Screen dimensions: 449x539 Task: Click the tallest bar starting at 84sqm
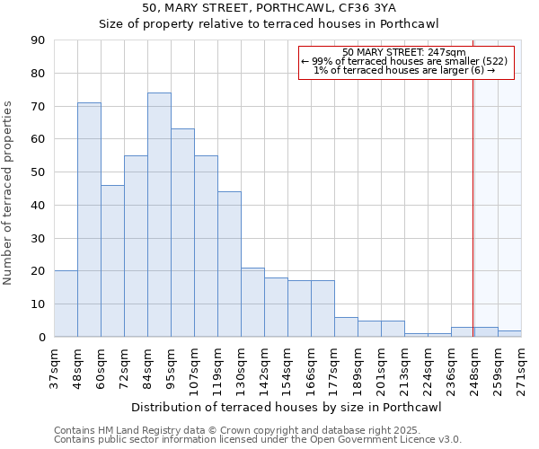(x=159, y=215)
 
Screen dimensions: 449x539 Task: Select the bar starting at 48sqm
(x=89, y=220)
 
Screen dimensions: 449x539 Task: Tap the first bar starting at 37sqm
(x=66, y=304)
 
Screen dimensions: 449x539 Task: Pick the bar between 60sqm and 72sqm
(x=112, y=260)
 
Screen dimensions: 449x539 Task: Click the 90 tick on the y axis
(x=38, y=40)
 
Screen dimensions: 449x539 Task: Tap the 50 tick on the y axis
(x=38, y=172)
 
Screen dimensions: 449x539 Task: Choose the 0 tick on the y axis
(x=41, y=337)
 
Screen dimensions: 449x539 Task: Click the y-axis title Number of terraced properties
(x=9, y=193)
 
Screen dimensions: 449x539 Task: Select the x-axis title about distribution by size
(x=287, y=407)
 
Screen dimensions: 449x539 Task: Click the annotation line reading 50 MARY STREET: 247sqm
(x=404, y=53)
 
